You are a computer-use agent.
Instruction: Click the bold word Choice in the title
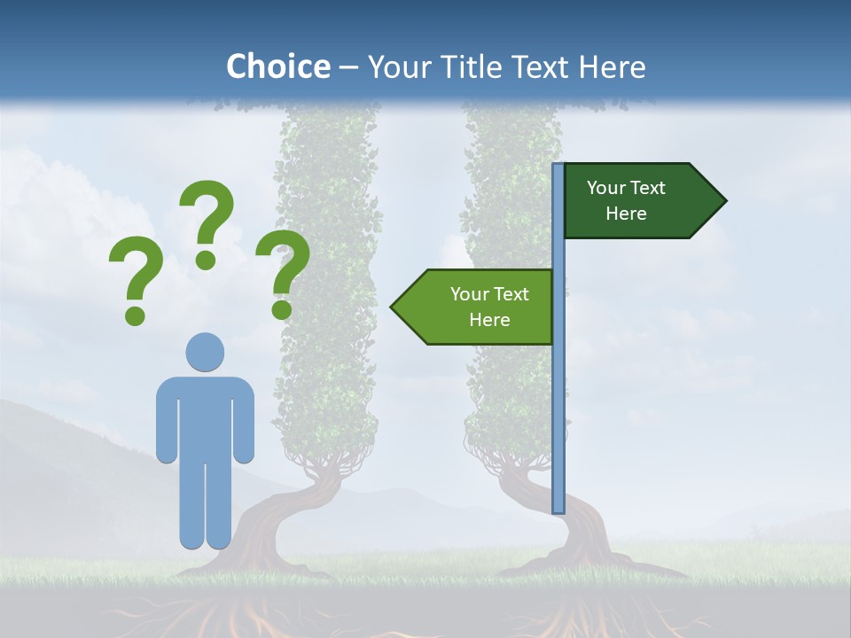coord(277,66)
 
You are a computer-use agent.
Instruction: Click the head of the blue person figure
coord(205,352)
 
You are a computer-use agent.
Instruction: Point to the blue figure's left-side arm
coord(167,421)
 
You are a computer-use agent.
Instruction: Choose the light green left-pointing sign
coord(479,307)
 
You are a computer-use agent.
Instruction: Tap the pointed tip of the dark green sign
coord(722,201)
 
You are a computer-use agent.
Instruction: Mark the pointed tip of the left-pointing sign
coord(394,307)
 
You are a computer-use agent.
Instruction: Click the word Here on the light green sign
coord(489,320)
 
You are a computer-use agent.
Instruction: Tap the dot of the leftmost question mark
coord(135,315)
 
